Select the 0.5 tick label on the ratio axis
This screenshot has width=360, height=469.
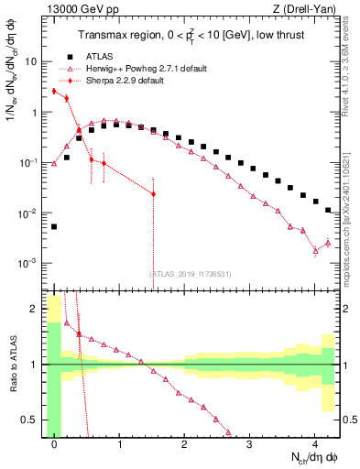[x=29, y=420]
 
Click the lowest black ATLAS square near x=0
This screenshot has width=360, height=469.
[x=54, y=226]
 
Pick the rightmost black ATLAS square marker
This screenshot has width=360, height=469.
[x=328, y=210]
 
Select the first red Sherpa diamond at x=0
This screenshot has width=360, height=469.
[x=54, y=91]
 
